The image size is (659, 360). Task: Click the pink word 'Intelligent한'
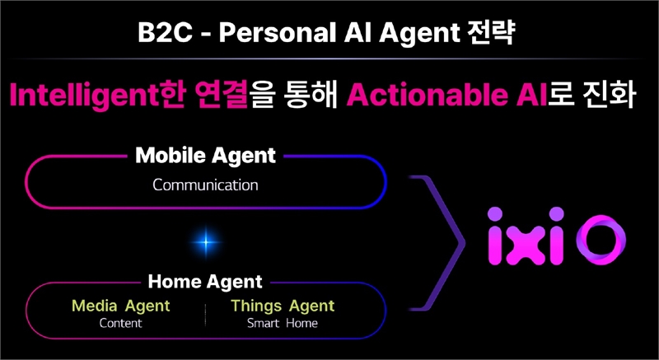[97, 96]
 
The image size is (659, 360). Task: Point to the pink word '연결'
[221, 96]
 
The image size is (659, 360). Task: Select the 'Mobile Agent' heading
[205, 157]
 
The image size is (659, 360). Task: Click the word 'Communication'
[205, 185]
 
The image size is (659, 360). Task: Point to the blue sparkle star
[205, 242]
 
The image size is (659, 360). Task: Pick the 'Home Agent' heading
[205, 282]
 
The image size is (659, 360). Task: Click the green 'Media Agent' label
[120, 306]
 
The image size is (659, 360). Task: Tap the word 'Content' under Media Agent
[120, 324]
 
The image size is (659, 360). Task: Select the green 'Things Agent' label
[283, 306]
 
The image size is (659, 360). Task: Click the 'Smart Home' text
[282, 324]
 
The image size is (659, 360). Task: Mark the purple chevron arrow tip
[465, 243]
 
